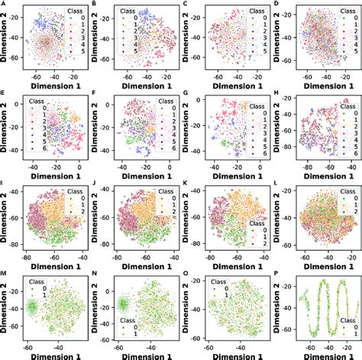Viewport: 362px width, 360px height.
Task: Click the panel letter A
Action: point(3,5)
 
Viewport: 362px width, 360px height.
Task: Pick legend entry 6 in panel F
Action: point(166,159)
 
